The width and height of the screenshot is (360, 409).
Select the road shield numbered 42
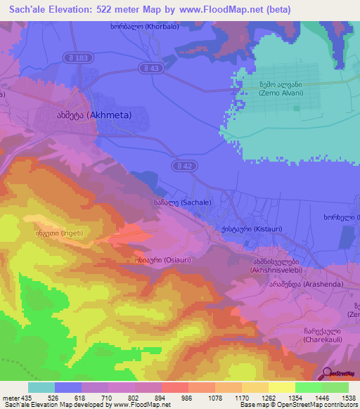pyautogui.click(x=181, y=165)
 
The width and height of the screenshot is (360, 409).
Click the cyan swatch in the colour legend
pyautogui.click(x=41, y=387)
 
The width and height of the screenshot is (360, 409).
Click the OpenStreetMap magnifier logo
pyautogui.click(x=328, y=374)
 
